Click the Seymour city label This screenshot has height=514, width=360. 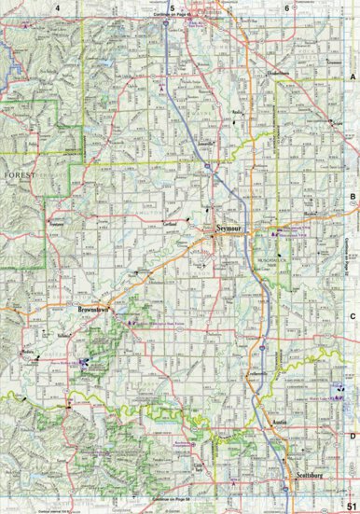click(228, 227)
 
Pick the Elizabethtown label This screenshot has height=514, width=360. click(280, 71)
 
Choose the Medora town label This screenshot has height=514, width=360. click(27, 352)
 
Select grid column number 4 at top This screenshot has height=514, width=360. click(58, 7)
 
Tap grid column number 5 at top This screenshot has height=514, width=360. click(172, 7)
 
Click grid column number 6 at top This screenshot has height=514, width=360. click(285, 7)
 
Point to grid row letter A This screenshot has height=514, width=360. click(353, 77)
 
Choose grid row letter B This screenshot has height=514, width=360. click(353, 198)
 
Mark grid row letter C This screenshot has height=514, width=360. click(353, 316)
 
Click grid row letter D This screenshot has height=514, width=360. click(353, 436)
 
